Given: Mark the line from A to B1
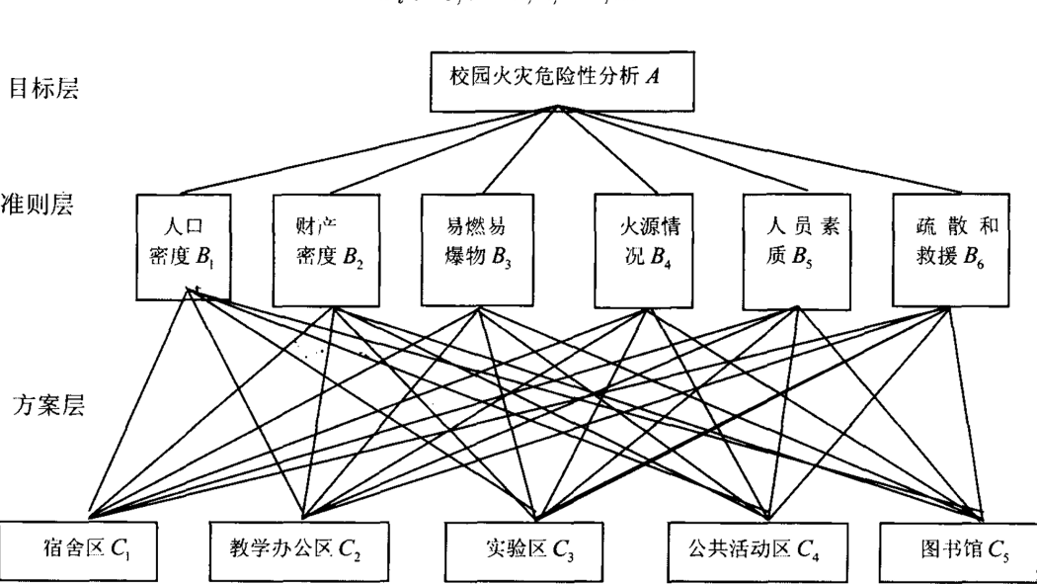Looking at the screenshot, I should (370, 150).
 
